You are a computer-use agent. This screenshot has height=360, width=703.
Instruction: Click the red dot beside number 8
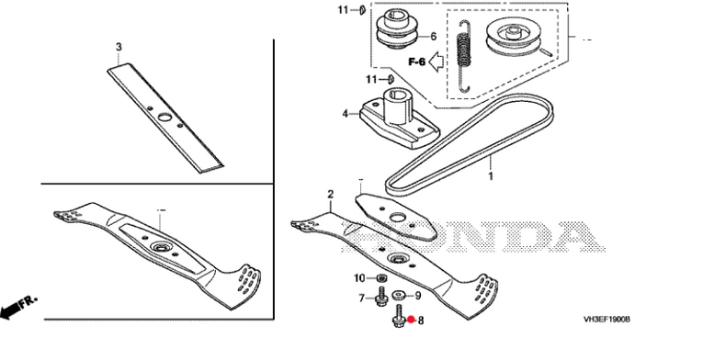pos(411,320)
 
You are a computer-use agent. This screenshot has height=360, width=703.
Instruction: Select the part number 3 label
pos(119,47)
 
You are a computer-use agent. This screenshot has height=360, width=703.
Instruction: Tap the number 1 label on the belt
pos(491,175)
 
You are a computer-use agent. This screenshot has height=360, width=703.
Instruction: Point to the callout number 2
pos(331,194)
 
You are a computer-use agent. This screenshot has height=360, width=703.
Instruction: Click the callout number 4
pos(345,114)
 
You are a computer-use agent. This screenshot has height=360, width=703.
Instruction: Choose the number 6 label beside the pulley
pos(433,37)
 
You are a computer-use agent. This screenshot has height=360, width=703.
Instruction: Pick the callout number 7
pos(362,298)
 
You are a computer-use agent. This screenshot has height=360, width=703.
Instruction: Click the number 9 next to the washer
pos(418,296)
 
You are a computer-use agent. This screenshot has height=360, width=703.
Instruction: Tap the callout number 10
pos(360,278)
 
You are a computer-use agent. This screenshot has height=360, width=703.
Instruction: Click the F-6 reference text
pos(416,62)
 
